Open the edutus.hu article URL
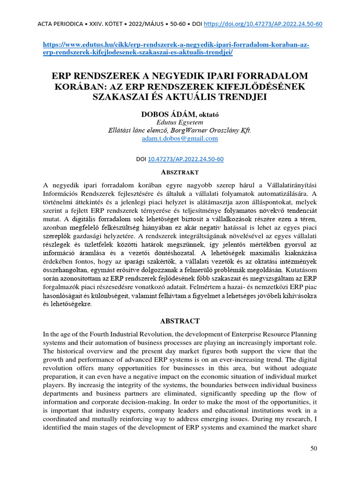click(x=176, y=48)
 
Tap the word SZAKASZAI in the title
click(x=122, y=97)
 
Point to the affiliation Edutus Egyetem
click(x=180, y=122)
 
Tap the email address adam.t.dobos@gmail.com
click(x=180, y=138)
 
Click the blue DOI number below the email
click(x=186, y=159)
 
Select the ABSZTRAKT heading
click(x=180, y=173)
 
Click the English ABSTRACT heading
click(x=180, y=321)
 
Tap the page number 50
click(x=314, y=449)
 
